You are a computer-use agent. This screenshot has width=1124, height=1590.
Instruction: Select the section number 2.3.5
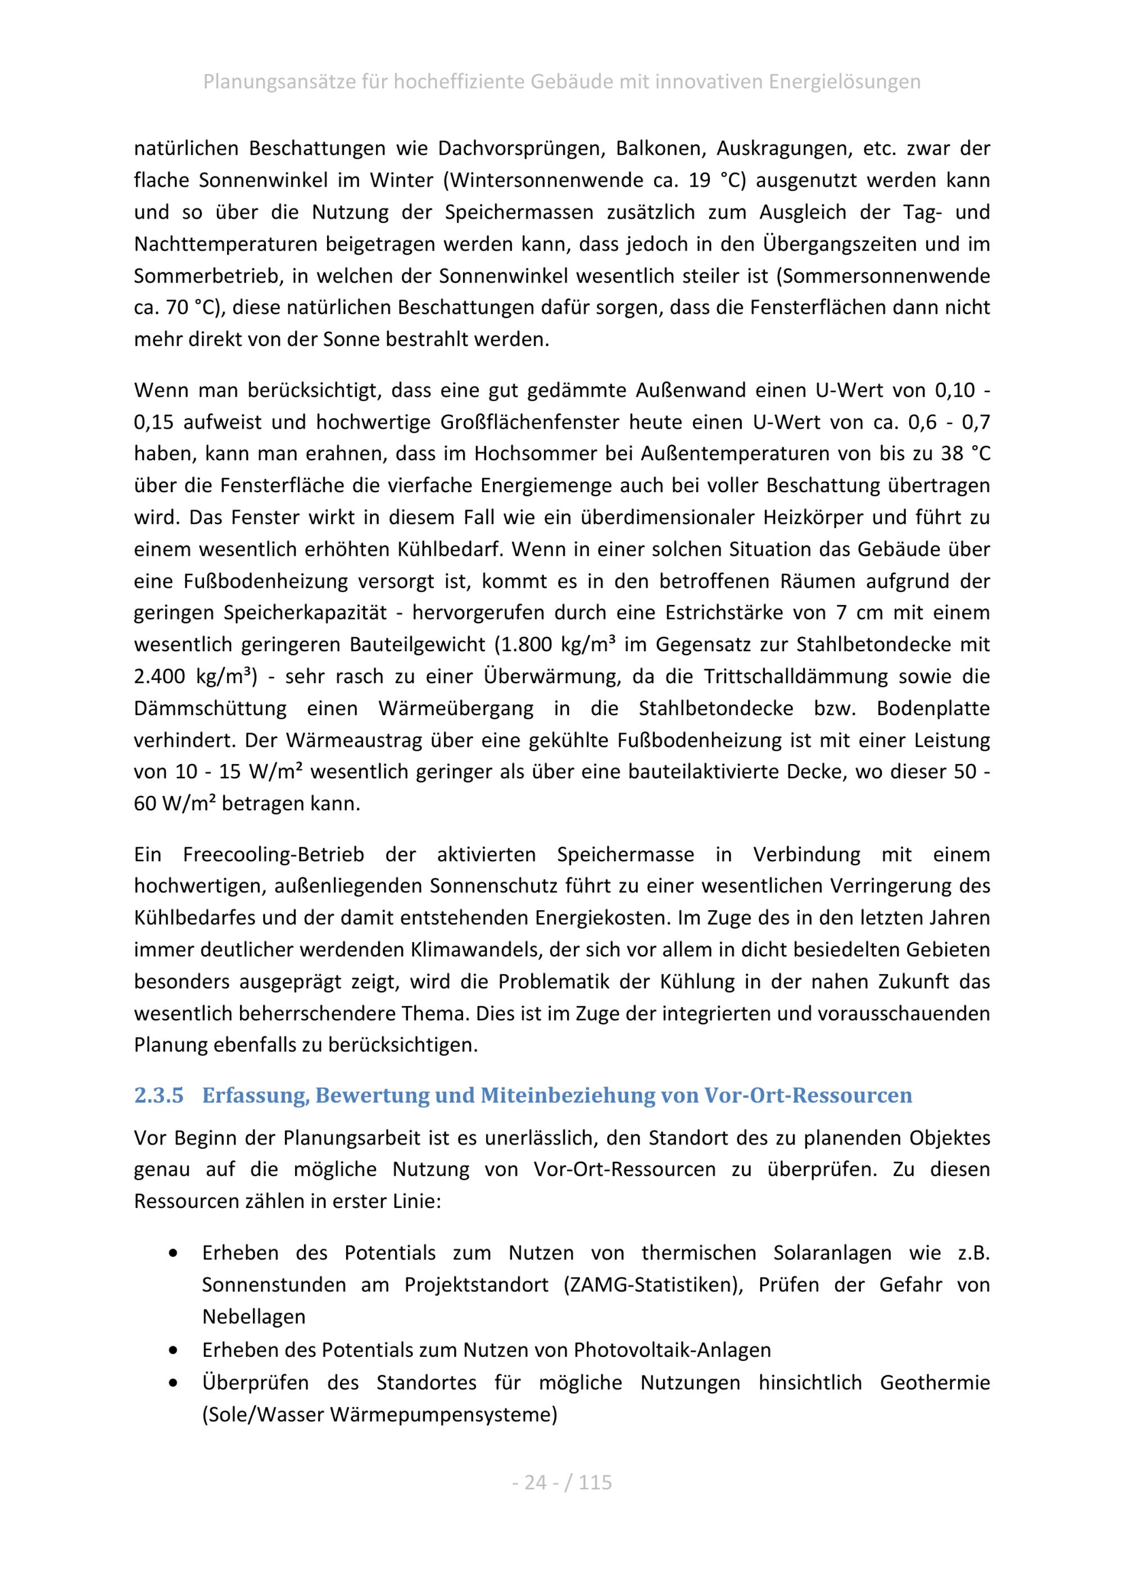158,1095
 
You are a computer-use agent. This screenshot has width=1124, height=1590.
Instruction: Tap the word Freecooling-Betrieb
274,855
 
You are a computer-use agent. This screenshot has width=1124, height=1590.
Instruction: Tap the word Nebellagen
253,1316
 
